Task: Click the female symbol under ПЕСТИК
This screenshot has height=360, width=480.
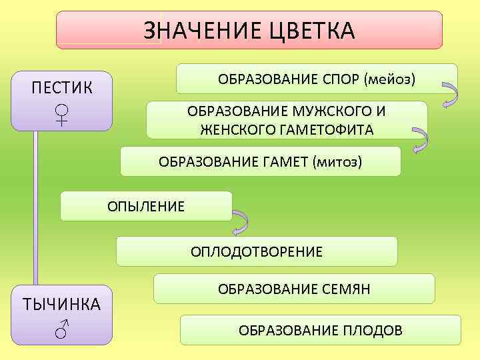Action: pyautogui.click(x=62, y=115)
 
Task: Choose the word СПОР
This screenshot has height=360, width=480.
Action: pyautogui.click(x=336, y=79)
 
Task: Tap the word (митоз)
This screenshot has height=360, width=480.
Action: pyautogui.click(x=336, y=162)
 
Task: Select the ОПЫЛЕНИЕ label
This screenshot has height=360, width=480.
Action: pyautogui.click(x=146, y=207)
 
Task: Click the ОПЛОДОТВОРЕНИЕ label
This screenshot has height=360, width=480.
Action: pyautogui.click(x=257, y=251)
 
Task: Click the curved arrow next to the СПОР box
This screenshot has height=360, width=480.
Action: pyautogui.click(x=449, y=95)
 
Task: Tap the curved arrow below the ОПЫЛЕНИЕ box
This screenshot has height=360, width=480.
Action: pyautogui.click(x=240, y=224)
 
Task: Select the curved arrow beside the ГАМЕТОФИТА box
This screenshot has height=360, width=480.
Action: pyautogui.click(x=421, y=141)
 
